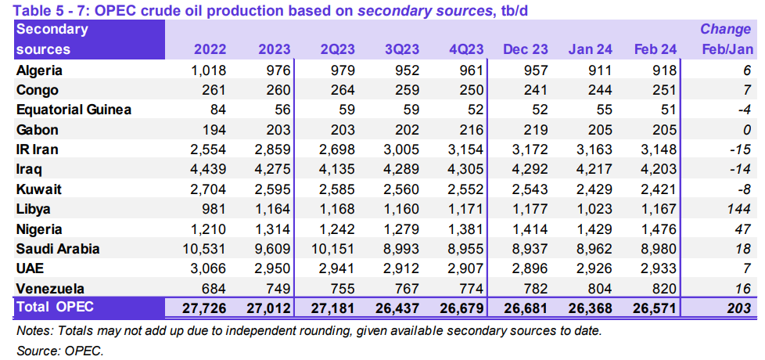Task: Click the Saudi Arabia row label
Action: click(x=59, y=250)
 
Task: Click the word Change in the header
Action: click(x=725, y=29)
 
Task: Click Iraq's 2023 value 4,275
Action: click(x=273, y=170)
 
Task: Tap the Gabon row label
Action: click(x=38, y=130)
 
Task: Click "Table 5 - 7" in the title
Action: click(x=48, y=9)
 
